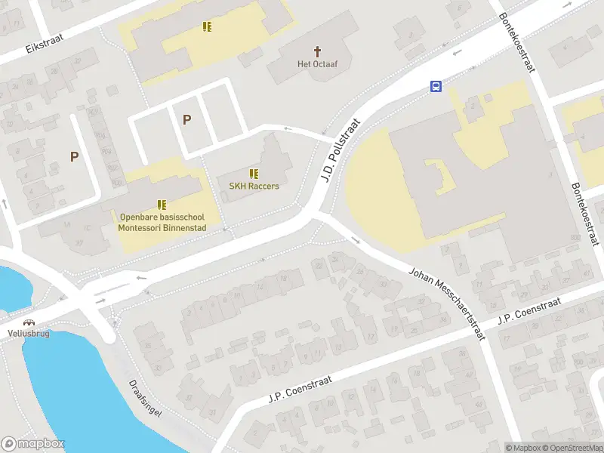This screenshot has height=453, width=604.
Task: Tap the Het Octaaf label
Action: pyautogui.click(x=316, y=64)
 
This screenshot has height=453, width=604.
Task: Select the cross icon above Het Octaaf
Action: pyautogui.click(x=317, y=51)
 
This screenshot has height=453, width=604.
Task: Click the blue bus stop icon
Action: pyautogui.click(x=436, y=86)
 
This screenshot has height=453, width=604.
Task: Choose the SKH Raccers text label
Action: pyautogui.click(x=254, y=186)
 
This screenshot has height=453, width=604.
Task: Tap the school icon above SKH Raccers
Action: pyautogui.click(x=254, y=174)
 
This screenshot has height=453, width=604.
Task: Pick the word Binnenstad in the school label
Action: pyautogui.click(x=185, y=226)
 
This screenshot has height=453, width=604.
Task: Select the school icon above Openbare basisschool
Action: pyautogui.click(x=162, y=204)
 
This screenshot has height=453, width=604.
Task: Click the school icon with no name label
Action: pyautogui.click(x=207, y=27)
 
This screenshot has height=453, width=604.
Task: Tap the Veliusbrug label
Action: pyautogui.click(x=29, y=333)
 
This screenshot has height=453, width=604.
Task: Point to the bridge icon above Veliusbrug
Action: pyautogui.click(x=29, y=322)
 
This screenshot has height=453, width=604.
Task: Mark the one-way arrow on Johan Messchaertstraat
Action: pyautogui.click(x=356, y=242)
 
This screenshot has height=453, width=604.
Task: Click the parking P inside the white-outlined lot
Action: pyautogui.click(x=186, y=119)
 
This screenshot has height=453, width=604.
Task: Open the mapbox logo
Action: pyautogui.click(x=33, y=444)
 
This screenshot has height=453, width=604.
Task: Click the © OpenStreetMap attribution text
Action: pyautogui.click(x=572, y=448)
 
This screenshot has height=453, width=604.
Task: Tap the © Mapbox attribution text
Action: pyautogui.click(x=523, y=448)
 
